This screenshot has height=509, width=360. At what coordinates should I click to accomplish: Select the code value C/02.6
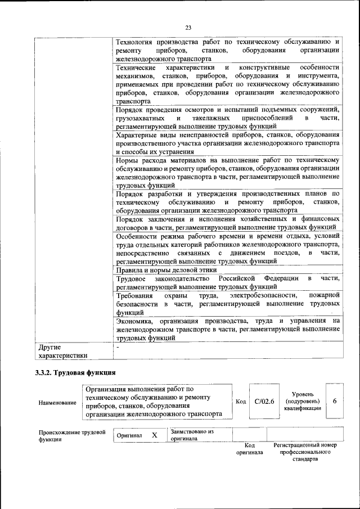tap(264, 401)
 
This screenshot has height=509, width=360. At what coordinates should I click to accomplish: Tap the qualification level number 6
tap(335, 401)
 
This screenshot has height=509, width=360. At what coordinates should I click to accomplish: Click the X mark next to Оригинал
tap(154, 435)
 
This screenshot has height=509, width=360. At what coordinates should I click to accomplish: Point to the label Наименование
tap(57, 403)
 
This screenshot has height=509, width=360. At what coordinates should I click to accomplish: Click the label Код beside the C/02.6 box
tap(241, 402)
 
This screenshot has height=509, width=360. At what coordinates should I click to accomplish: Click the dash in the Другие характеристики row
tap(117, 347)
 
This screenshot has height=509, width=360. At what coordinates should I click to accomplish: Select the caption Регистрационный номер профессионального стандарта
tap(305, 452)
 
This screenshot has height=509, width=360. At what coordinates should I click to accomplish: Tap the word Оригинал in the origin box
tap(129, 436)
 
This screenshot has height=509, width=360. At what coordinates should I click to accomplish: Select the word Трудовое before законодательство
tap(130, 278)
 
